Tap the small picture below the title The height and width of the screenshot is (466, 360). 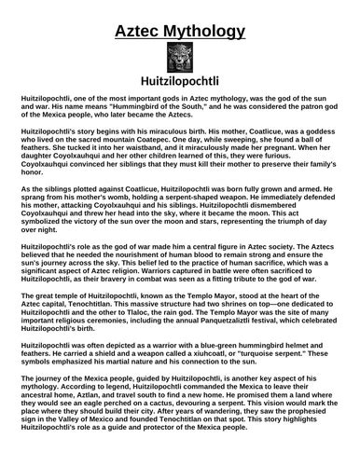point(179,58)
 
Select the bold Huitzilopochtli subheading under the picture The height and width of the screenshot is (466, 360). point(179,84)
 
